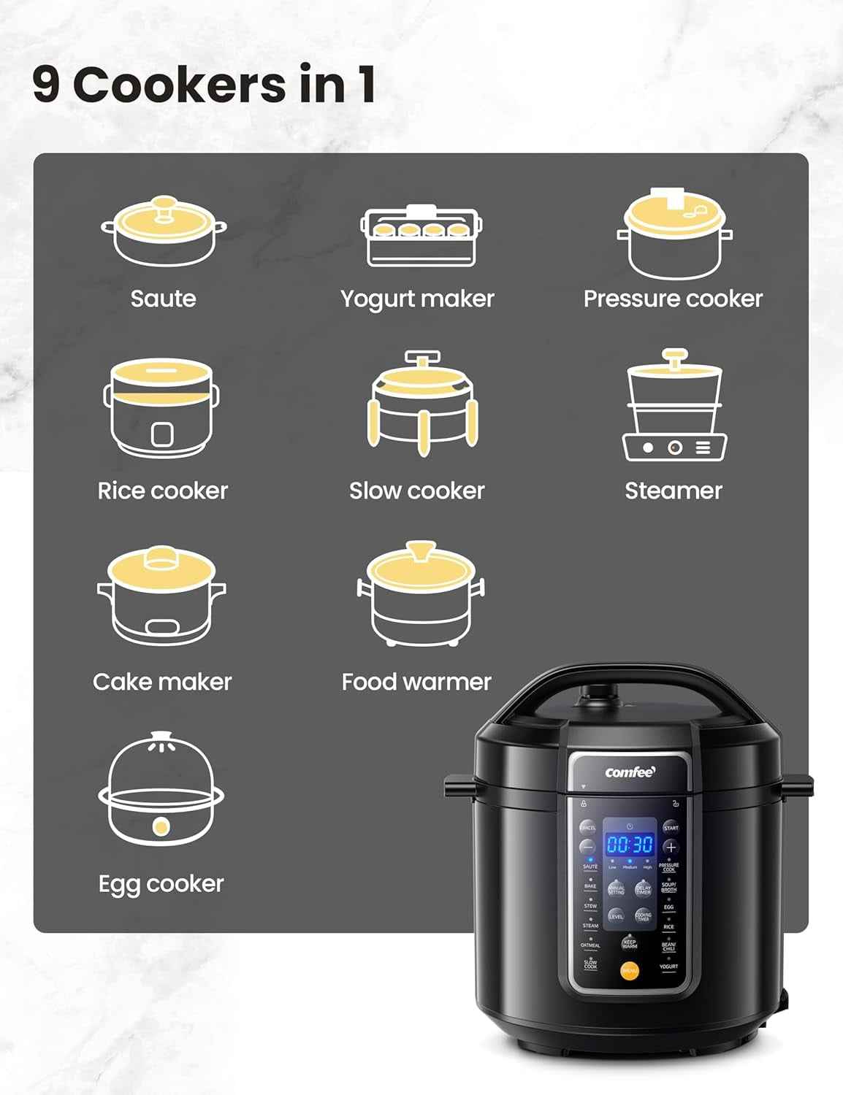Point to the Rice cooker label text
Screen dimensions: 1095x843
click(163, 491)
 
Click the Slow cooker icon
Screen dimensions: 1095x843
click(422, 403)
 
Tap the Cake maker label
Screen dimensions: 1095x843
click(162, 682)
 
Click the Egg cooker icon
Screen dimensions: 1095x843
click(161, 789)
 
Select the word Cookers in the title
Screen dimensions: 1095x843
click(180, 85)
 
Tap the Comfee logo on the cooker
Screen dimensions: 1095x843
click(630, 772)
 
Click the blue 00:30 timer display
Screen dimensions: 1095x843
click(630, 845)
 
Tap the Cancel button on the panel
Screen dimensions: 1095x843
click(587, 828)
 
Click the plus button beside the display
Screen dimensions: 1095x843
click(671, 848)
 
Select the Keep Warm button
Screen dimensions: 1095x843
click(629, 943)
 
